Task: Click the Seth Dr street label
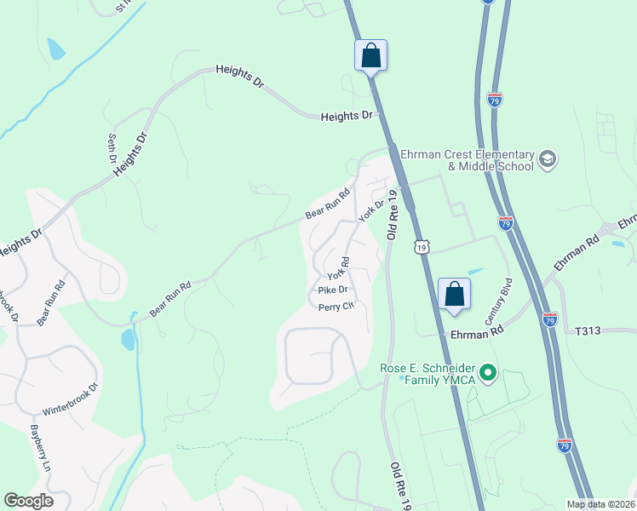(112, 148)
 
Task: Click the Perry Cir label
(336, 307)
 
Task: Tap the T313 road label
(588, 330)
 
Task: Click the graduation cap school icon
(547, 158)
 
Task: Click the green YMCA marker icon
(488, 372)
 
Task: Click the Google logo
(28, 500)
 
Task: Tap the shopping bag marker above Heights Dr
(370, 55)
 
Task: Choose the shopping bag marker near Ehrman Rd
(454, 294)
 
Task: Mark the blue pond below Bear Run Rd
(128, 339)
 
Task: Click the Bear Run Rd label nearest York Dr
(329, 204)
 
